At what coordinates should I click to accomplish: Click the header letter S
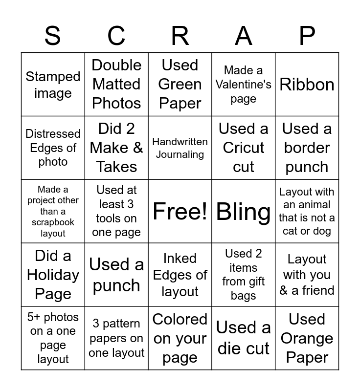tap(53, 36)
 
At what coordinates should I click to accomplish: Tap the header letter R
tap(180, 36)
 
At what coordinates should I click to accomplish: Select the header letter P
tap(307, 36)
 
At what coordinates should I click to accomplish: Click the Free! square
tap(180, 212)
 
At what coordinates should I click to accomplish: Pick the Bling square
tap(244, 212)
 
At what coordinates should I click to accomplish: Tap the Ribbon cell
tap(307, 85)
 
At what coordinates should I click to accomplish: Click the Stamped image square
tap(53, 85)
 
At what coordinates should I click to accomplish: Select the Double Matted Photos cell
tap(116, 85)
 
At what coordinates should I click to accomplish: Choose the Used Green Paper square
tap(180, 85)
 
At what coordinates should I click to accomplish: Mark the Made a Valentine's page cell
tap(244, 85)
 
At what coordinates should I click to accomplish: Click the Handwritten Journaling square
tap(180, 148)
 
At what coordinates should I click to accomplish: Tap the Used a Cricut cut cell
tap(244, 148)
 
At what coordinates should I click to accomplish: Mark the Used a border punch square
tap(307, 148)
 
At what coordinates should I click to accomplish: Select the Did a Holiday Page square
tap(53, 275)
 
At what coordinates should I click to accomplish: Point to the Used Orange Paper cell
tap(307, 338)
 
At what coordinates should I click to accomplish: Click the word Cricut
tap(244, 148)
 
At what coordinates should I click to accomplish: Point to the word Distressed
tap(53, 134)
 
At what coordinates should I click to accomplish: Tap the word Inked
tap(180, 259)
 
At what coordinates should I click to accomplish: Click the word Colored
tap(180, 320)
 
